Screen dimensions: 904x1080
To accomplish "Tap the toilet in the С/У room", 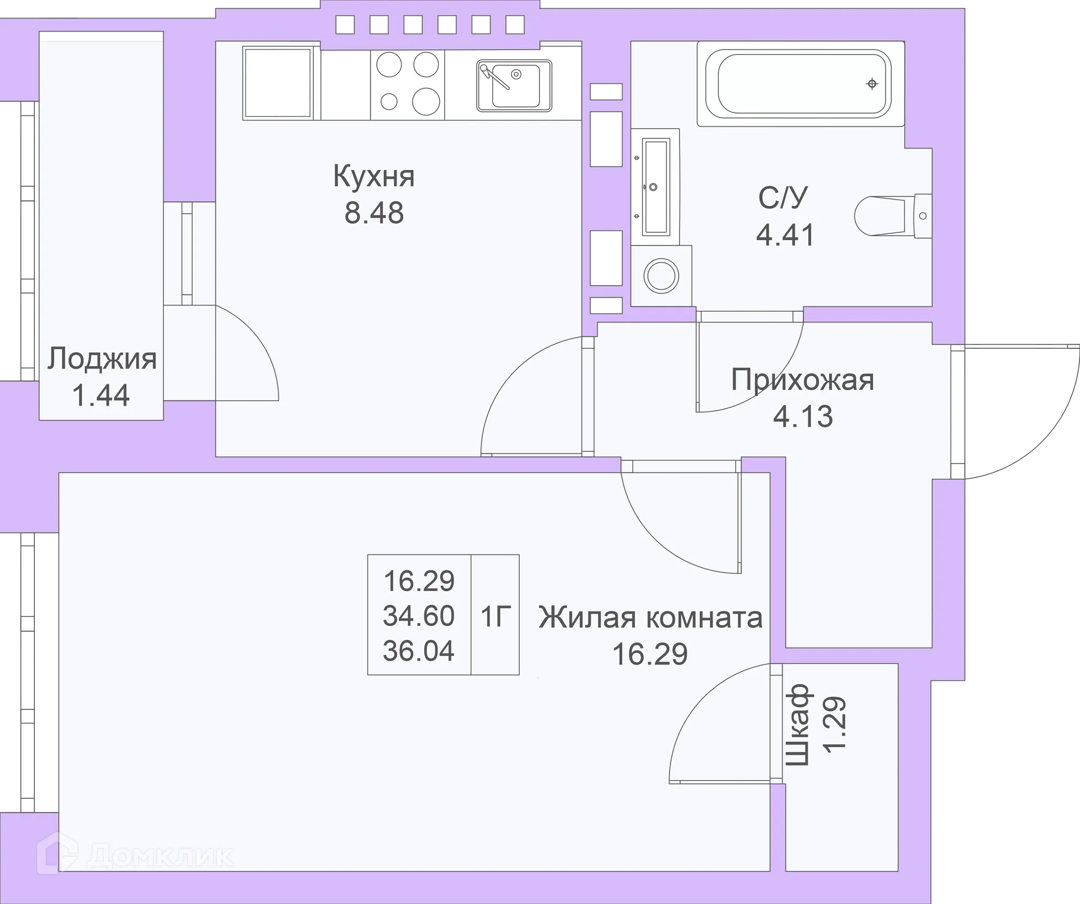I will (x=892, y=216).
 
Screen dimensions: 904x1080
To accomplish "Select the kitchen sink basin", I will (x=515, y=85).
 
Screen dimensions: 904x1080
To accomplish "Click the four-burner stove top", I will (x=407, y=84).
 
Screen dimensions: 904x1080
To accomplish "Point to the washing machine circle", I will (x=661, y=276).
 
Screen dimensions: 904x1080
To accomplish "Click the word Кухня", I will (x=373, y=177).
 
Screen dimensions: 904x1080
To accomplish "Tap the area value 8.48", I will (x=373, y=213).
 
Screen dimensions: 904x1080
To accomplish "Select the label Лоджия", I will (x=101, y=359).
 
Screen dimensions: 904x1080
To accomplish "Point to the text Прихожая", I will (x=802, y=380).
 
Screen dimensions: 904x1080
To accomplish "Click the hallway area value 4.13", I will (x=802, y=416).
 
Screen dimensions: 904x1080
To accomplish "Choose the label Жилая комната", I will (x=650, y=617).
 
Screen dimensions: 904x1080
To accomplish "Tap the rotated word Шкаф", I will (x=797, y=725).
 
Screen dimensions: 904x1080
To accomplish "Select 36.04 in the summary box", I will (x=418, y=651).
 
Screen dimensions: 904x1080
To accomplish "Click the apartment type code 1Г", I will (x=496, y=617).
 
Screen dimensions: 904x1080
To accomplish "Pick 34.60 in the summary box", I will (x=418, y=616).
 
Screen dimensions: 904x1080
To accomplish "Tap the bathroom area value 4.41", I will (x=785, y=235).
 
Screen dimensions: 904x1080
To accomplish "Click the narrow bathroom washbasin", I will (x=655, y=187).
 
